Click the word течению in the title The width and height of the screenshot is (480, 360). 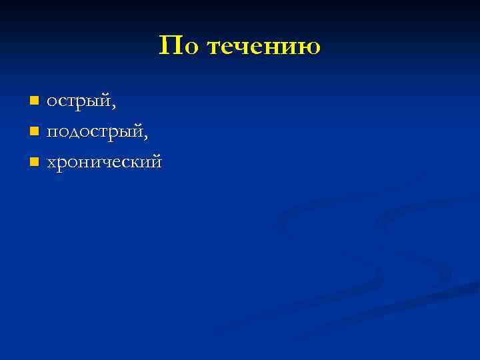264,47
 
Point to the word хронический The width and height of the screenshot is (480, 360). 104,162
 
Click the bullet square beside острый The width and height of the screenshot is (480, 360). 34,101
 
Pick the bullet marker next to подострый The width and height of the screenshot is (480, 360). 34,131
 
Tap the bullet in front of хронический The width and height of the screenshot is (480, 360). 34,161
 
